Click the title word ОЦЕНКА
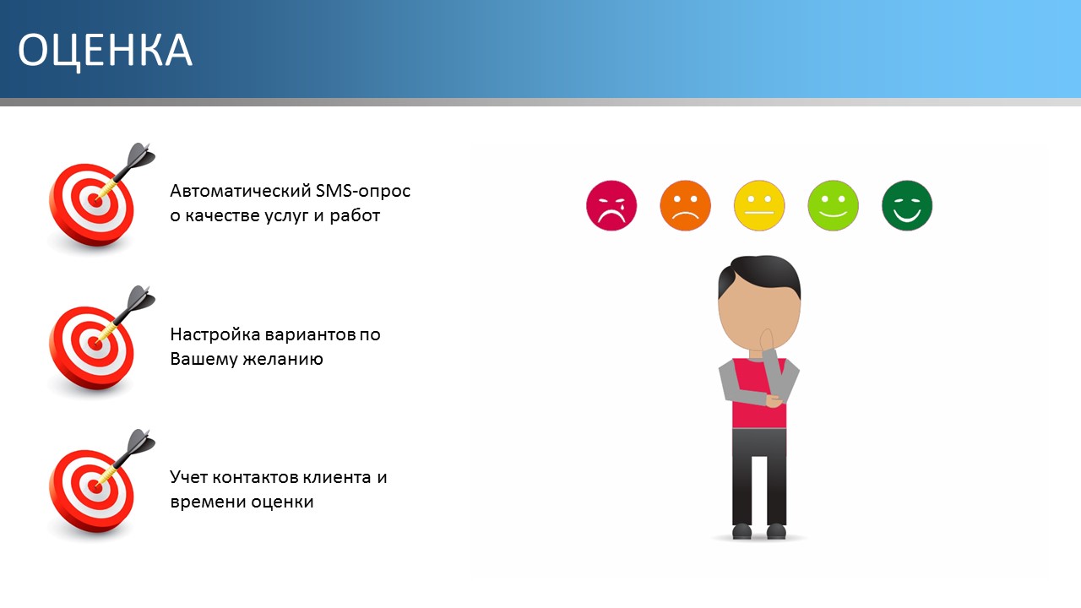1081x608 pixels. [106, 50]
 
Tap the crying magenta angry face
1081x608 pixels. [611, 205]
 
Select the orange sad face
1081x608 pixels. [685, 205]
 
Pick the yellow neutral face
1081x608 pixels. [759, 205]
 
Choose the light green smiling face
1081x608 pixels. [833, 205]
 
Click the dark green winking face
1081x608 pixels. [907, 205]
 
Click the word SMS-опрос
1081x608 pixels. [363, 191]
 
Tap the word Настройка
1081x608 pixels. [215, 334]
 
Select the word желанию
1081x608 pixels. [283, 359]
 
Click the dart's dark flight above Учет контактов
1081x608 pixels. [140, 442]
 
